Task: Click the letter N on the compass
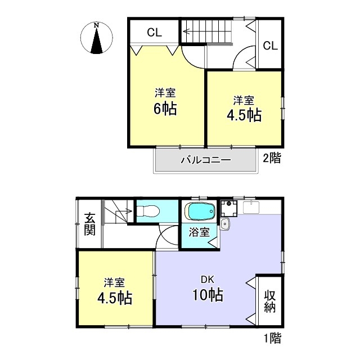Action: [x=96, y=25]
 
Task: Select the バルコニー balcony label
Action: [x=205, y=160]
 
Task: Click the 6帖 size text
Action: [x=165, y=109]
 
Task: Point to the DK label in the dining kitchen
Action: [x=208, y=280]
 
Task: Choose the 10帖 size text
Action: [x=208, y=295]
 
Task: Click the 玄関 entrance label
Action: [x=89, y=224]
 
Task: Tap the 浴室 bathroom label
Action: [x=199, y=232]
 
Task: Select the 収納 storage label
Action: [x=270, y=301]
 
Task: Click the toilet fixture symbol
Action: [x=148, y=211]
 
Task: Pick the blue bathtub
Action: [x=200, y=211]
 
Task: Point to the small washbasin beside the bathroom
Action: [x=224, y=224]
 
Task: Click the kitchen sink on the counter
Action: [x=251, y=208]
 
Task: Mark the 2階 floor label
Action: [x=272, y=158]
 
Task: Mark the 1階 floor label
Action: [x=272, y=338]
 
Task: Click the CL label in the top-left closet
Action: [x=154, y=33]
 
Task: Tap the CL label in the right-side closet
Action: [x=270, y=46]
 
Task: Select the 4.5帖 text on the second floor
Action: [x=244, y=115]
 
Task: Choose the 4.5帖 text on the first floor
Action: [x=115, y=298]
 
